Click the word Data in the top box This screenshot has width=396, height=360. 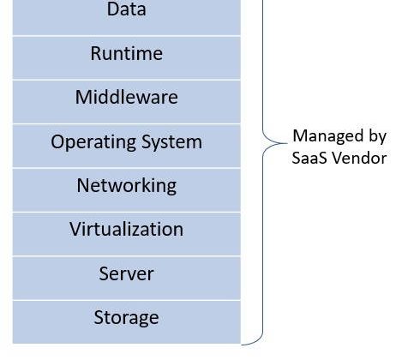[x=127, y=9]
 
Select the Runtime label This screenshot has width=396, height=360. [x=127, y=53]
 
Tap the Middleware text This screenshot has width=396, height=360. [x=127, y=97]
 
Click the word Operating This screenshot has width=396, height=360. [x=93, y=142]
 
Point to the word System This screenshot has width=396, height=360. [x=171, y=142]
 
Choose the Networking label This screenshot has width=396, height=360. [x=127, y=186]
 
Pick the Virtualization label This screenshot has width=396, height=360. [x=126, y=229]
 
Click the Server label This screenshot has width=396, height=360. [x=126, y=273]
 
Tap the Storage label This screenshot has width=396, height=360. [x=126, y=318]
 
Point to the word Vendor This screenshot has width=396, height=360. [x=359, y=158]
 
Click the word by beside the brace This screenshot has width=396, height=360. [x=378, y=136]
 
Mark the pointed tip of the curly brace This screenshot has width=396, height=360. [x=287, y=143]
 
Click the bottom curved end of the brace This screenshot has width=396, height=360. [x=243, y=345]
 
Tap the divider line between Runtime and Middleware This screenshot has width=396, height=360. [x=127, y=80]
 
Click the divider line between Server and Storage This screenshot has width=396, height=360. [x=127, y=300]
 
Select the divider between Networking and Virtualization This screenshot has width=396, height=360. [x=127, y=212]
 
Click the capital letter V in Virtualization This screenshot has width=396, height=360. [x=75, y=229]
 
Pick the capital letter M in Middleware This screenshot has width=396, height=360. [x=82, y=97]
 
